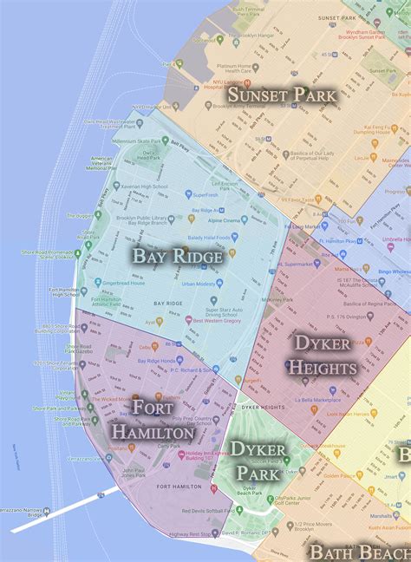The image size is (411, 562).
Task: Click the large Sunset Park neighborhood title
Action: click(x=282, y=94)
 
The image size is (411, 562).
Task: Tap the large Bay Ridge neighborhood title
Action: click(x=178, y=255)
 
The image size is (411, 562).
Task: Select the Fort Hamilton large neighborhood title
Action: click(x=152, y=419)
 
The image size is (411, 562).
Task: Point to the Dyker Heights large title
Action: click(x=323, y=355)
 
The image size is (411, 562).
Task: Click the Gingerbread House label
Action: click(x=125, y=284)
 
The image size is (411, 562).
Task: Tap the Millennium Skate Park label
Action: click(x=141, y=140)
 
